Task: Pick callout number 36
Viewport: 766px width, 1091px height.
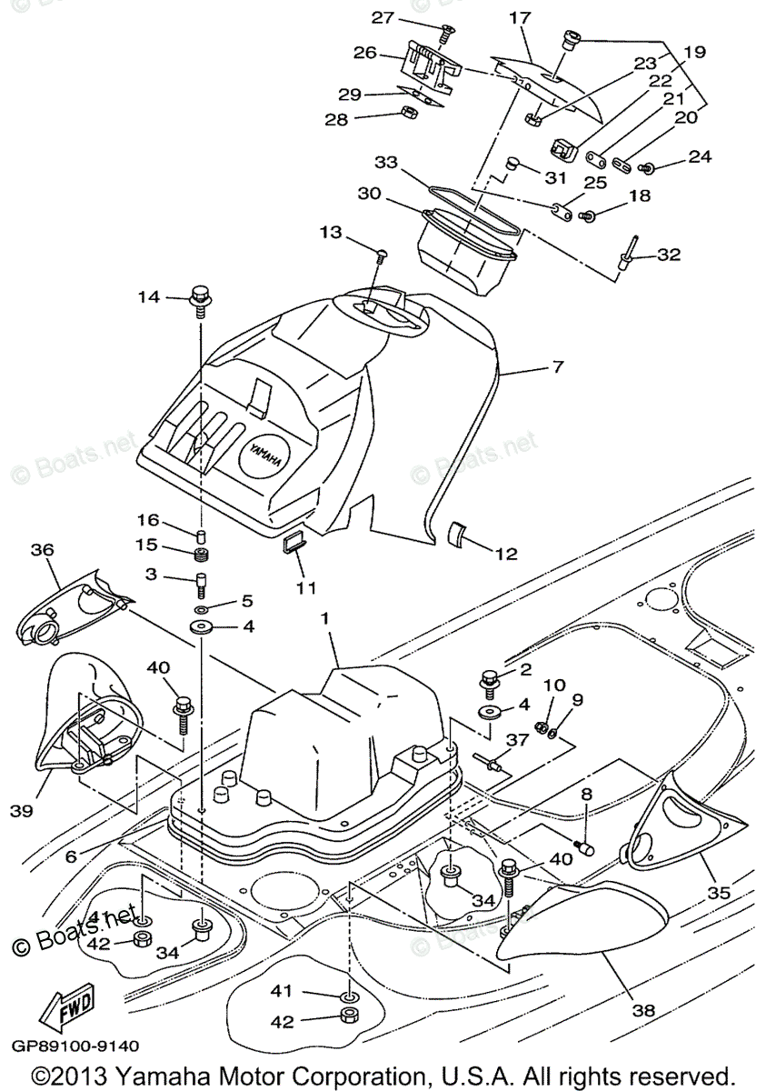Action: coord(43,550)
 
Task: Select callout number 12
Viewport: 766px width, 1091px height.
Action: coord(505,552)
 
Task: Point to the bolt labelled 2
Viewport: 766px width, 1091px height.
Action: coord(490,678)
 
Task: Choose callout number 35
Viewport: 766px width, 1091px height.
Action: coord(720,893)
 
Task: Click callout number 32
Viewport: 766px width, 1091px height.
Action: coord(669,255)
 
